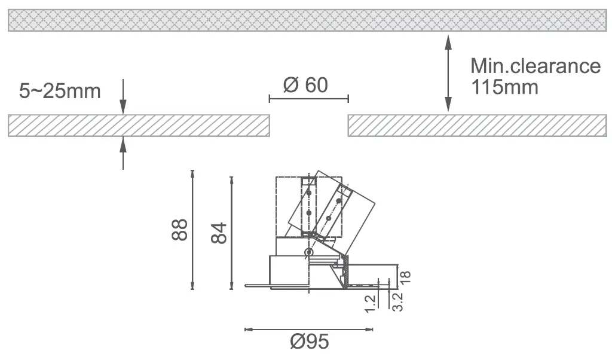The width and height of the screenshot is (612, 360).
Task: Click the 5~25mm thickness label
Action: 60,91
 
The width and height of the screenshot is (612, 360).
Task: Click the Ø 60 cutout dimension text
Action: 305,85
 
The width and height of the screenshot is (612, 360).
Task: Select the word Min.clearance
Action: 535,66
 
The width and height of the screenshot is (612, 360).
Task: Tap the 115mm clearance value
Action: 504,87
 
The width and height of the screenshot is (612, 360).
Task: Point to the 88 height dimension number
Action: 179,230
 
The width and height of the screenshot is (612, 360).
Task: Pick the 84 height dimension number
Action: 219,233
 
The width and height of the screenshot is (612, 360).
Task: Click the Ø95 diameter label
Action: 310,341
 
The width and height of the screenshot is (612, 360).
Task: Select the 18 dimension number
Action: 406,277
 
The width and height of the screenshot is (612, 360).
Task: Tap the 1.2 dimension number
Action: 370,304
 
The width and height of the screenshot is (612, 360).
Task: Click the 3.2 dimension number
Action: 397,302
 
